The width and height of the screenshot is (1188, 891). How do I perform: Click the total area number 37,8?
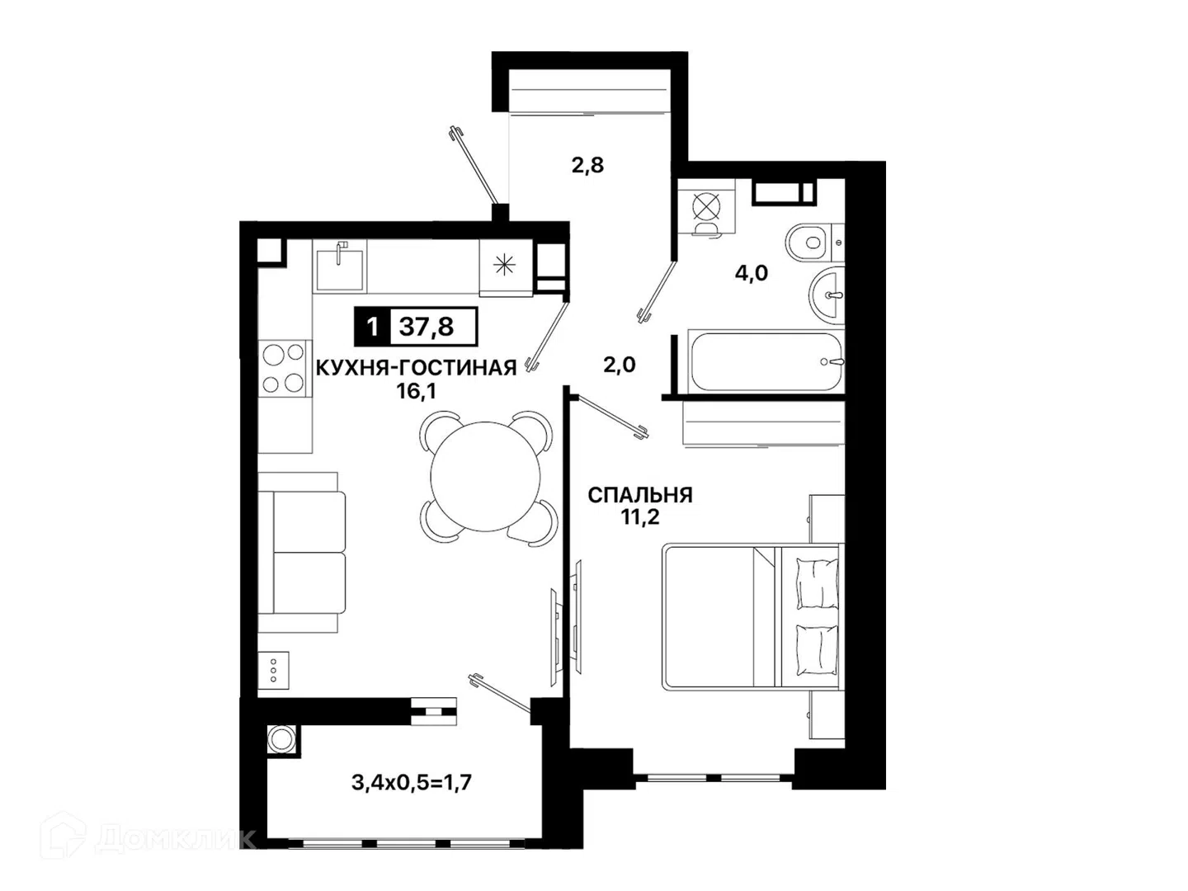click(x=426, y=327)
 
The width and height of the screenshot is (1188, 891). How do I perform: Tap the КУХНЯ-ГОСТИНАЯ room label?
click(x=416, y=368)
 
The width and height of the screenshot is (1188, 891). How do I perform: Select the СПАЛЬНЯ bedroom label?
click(x=639, y=495)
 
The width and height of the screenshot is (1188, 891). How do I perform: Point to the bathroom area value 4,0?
click(x=752, y=273)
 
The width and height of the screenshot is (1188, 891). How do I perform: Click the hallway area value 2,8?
click(x=587, y=165)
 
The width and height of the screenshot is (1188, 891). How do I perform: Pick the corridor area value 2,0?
click(x=620, y=365)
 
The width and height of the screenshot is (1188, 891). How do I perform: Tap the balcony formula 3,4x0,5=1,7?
click(x=412, y=782)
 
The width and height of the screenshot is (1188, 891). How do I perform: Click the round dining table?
click(x=486, y=477)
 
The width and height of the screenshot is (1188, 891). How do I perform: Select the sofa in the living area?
click(x=302, y=553)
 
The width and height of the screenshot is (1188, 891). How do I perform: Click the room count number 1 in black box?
click(x=372, y=327)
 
